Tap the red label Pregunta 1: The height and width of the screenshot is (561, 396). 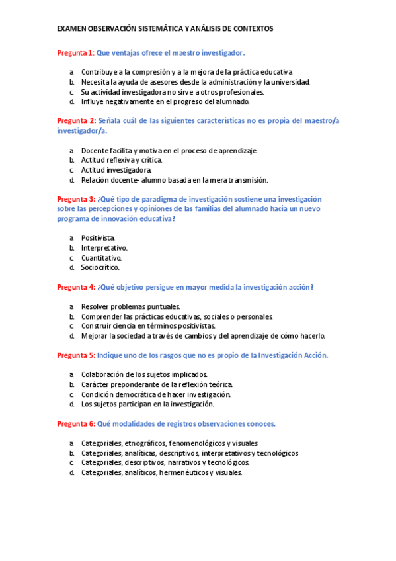pos(76,52)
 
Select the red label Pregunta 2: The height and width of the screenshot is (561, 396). pos(77,121)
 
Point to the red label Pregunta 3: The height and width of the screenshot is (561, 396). pos(77,199)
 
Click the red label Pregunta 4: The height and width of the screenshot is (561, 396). pos(77,287)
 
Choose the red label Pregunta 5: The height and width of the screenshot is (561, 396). pos(77,355)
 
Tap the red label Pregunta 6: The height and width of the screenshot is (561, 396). pos(77,423)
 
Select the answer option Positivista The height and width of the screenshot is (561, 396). pos(98,237)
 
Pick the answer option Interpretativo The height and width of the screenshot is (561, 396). pos(104,247)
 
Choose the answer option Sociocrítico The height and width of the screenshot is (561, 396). pos(100,268)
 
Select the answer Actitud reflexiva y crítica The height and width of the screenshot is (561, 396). pos(121,160)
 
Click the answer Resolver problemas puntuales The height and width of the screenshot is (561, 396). pos(130,307)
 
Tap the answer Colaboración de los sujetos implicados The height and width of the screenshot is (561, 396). pos(144,374)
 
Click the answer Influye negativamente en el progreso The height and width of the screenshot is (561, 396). pos(165,102)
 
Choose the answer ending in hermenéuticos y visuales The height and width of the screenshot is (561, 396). pos(162,473)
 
